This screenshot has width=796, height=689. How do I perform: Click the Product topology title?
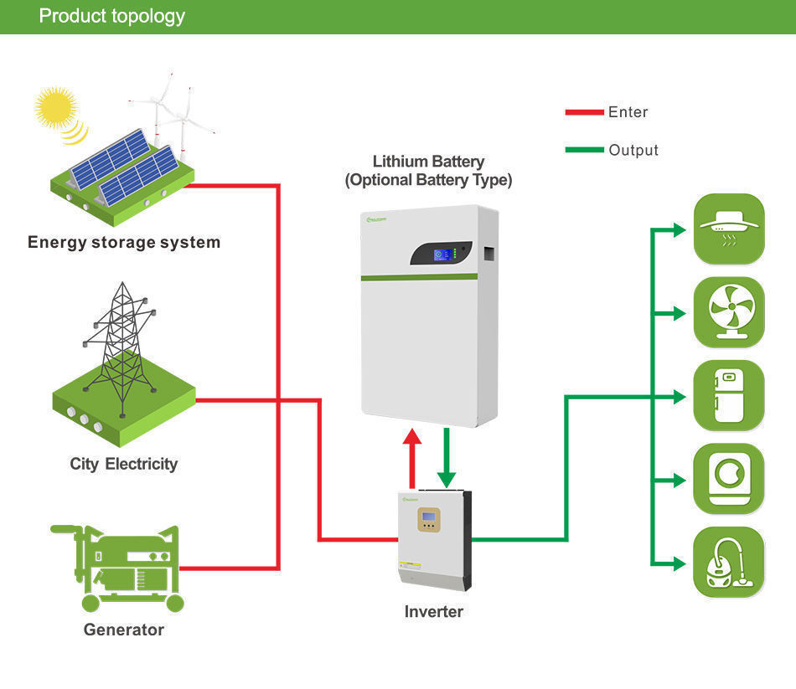pyautogui.click(x=112, y=16)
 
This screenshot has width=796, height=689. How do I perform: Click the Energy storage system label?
pyautogui.click(x=124, y=243)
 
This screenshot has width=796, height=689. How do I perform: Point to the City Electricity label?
pyautogui.click(x=124, y=464)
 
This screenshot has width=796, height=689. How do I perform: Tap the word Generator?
pyautogui.click(x=124, y=630)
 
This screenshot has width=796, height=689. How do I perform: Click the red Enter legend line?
pyautogui.click(x=584, y=111)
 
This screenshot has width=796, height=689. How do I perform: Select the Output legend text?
pyautogui.click(x=633, y=150)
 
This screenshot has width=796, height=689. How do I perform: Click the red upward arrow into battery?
pyautogui.click(x=411, y=456)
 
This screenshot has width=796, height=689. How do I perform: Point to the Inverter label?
pyautogui.click(x=433, y=612)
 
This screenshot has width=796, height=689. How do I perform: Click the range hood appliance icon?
pyautogui.click(x=729, y=229)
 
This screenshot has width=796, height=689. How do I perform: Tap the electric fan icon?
pyautogui.click(x=729, y=312)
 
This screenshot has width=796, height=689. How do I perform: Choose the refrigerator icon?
pyautogui.click(x=729, y=396)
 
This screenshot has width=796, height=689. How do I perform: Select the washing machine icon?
pyautogui.click(x=729, y=479)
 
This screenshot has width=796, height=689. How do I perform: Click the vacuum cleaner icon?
pyautogui.click(x=729, y=563)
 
